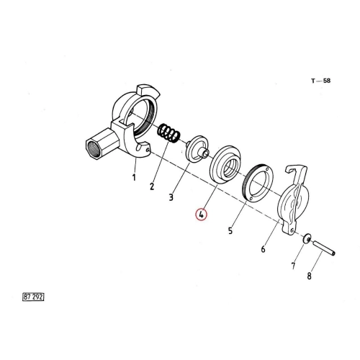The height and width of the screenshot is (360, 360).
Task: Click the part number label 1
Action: click(134, 178)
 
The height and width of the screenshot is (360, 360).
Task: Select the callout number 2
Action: click(152, 186)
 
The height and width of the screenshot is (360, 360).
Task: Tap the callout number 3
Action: click(171, 197)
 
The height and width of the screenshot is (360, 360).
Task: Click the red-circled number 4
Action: click(201, 215)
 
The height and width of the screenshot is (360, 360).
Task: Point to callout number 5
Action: click(230, 230)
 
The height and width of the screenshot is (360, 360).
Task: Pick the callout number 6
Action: click(264, 249)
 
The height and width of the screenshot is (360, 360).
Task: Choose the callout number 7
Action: click(293, 266)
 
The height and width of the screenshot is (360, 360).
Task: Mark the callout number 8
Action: click(309, 276)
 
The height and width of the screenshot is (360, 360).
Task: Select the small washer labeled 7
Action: click(307, 238)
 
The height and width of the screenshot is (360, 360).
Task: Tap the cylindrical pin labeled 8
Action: click(324, 248)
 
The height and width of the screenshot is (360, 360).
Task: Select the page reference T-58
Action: click(321, 81)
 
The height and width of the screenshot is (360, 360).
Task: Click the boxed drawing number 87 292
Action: click(33, 297)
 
